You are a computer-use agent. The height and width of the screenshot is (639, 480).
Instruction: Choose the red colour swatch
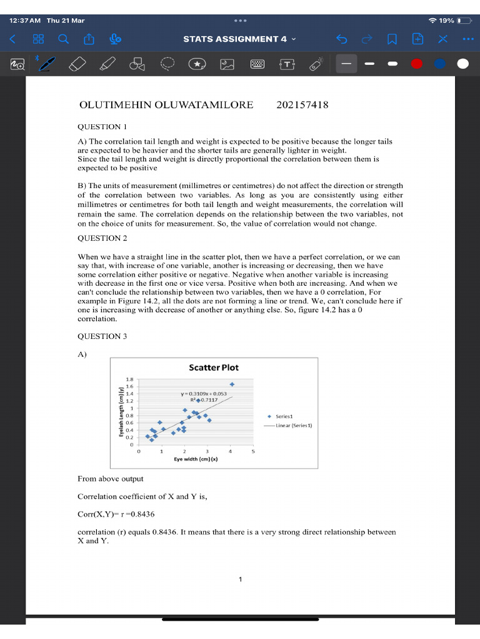(x=417, y=64)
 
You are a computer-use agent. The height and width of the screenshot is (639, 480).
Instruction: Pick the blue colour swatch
(x=439, y=64)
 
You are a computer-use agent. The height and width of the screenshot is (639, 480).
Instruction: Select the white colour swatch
(x=462, y=64)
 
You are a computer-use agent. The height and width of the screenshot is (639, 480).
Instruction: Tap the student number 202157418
(x=302, y=105)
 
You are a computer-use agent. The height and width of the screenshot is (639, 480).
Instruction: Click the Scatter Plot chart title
(x=213, y=368)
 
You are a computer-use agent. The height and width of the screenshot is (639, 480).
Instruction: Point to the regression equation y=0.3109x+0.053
(x=203, y=394)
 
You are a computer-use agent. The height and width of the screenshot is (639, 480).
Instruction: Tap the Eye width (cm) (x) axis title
(x=196, y=459)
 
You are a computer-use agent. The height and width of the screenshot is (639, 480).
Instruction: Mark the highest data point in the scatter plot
(x=232, y=384)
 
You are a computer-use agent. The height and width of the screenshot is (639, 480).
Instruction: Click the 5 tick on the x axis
(x=253, y=451)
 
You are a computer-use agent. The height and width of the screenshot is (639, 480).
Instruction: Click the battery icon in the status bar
(x=464, y=21)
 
